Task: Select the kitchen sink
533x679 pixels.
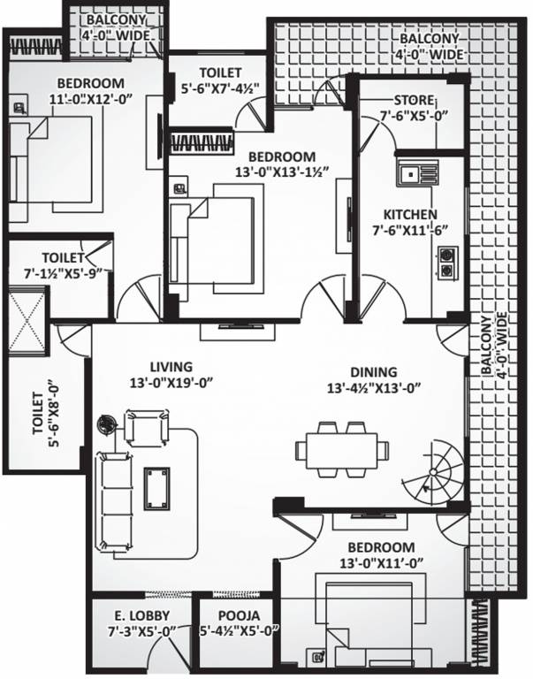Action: [415, 175]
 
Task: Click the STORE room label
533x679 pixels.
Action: [414, 99]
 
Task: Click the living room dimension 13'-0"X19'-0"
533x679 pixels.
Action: [171, 383]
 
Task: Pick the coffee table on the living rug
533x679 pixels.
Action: [156, 485]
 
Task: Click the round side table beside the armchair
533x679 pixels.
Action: [107, 425]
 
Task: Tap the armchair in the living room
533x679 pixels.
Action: [144, 429]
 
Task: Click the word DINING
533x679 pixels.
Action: [373, 372]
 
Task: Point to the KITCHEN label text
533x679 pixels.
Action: [409, 215]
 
